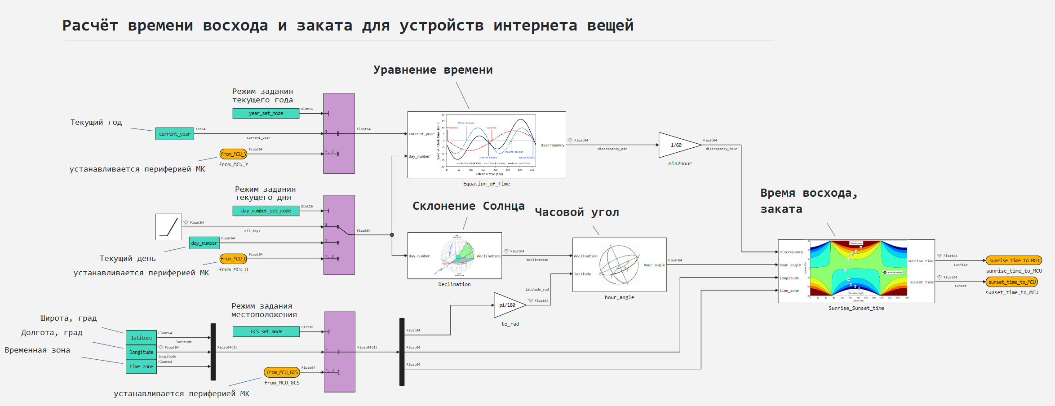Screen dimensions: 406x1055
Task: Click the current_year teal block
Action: point(174,134)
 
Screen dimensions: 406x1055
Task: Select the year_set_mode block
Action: point(266,113)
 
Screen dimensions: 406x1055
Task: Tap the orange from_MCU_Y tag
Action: point(233,154)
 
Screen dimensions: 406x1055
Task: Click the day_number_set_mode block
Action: point(266,211)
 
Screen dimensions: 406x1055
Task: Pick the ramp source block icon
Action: point(168,227)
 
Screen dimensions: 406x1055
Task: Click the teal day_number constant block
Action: point(204,243)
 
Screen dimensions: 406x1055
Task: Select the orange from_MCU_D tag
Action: point(233,259)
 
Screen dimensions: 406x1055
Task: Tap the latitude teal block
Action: point(141,338)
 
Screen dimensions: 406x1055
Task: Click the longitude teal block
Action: point(141,352)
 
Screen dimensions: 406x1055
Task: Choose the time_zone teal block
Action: point(141,366)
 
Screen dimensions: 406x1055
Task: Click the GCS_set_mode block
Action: point(266,331)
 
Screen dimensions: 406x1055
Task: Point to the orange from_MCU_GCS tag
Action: point(282,372)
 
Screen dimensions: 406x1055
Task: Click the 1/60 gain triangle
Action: point(676,145)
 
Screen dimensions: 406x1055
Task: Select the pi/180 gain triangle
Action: point(507,305)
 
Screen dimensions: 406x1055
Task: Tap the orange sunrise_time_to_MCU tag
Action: point(1014,260)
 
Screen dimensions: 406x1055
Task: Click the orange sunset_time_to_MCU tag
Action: point(1012,282)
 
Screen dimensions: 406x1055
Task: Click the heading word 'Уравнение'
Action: point(405,70)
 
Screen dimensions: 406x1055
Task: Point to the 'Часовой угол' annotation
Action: point(576,212)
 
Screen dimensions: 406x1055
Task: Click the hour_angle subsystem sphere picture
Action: point(619,265)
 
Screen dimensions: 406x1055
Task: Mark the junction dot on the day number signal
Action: point(392,235)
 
